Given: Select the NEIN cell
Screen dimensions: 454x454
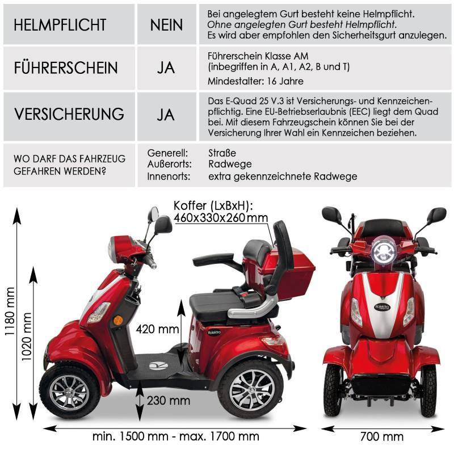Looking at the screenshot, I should click(x=166, y=25).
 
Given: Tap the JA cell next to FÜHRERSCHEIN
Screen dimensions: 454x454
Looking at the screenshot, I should click(x=166, y=69).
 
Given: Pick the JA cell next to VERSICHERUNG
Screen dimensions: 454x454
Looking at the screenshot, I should click(x=166, y=114).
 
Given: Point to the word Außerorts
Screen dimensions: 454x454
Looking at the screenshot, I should click(x=169, y=165).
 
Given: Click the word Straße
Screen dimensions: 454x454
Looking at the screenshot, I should click(x=222, y=153).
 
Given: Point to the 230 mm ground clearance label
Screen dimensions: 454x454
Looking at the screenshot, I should click(x=168, y=401).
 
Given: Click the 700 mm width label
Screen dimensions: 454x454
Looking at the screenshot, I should click(x=382, y=436).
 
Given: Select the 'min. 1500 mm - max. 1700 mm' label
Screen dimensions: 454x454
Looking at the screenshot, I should click(x=175, y=436).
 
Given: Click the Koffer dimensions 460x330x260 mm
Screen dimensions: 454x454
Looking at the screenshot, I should click(x=221, y=218).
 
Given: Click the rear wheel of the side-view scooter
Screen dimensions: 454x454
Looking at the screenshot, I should click(x=250, y=390).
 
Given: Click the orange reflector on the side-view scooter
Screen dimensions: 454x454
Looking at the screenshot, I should click(x=119, y=321).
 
